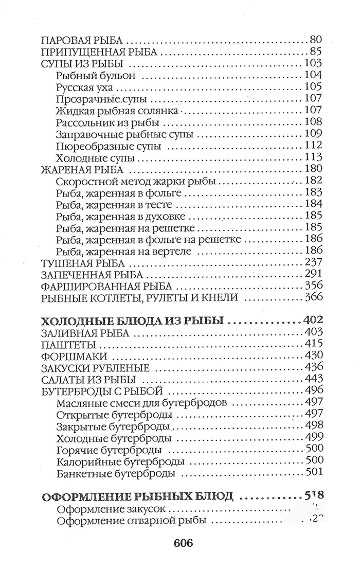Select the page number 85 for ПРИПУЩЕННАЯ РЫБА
pos(316,52)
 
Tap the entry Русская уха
pos(84,87)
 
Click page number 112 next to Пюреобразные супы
pos(313,146)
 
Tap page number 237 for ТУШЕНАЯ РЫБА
pos(313,262)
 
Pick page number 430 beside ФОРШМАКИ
pos(313,356)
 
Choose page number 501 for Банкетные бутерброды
pos(313,473)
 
